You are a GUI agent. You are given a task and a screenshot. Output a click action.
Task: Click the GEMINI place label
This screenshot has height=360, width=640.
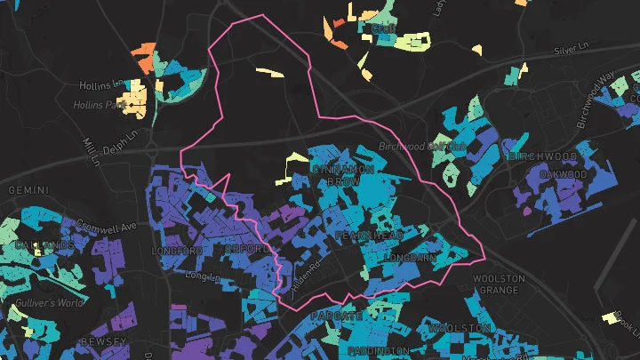coord(27,190)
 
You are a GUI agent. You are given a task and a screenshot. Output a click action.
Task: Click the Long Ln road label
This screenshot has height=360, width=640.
coord(200,276)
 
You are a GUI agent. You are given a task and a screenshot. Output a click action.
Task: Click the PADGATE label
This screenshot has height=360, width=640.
coord(336,316)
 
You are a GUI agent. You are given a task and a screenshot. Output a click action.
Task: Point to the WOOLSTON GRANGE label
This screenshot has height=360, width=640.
coord(500,284)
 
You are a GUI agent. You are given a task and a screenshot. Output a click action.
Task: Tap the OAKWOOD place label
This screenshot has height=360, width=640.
coord(564,174)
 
